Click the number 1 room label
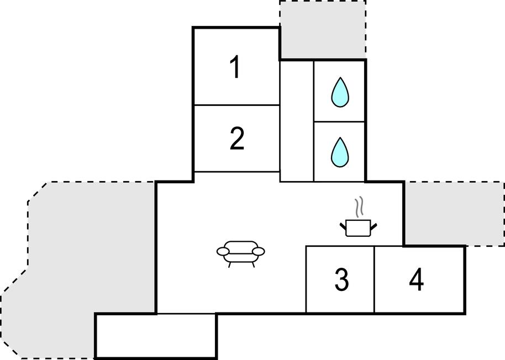pos(235,68)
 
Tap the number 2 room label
pos(236,139)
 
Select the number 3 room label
pos(342,280)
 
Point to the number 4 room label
pos(417,280)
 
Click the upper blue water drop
pos(340,92)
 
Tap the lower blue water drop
pos(340,151)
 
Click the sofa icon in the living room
pos(240,252)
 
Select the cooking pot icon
pos(357,227)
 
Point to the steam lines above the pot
pos(360,206)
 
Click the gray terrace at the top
pos(323,29)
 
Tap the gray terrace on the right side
pos(454,213)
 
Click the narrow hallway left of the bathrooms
pos(297,121)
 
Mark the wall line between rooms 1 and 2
pos(236,105)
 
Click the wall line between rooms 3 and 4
pos(375,279)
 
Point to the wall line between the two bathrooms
pos(339,121)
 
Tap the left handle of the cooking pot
pos(343,225)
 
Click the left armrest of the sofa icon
pos(223,252)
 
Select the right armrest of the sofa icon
pos(259,252)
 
